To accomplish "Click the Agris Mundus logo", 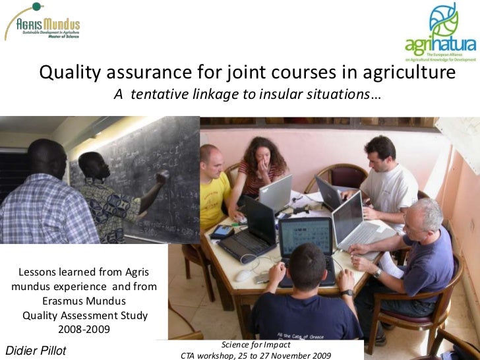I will pos(44,23).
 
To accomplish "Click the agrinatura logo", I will pos(440,33).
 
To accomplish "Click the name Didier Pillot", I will pos(36,351).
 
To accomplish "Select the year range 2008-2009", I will pos(84,329).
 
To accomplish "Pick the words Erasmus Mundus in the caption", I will pos(84,301).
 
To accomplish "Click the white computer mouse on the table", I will pos(243,276).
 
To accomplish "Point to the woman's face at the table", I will pos(262,158).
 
